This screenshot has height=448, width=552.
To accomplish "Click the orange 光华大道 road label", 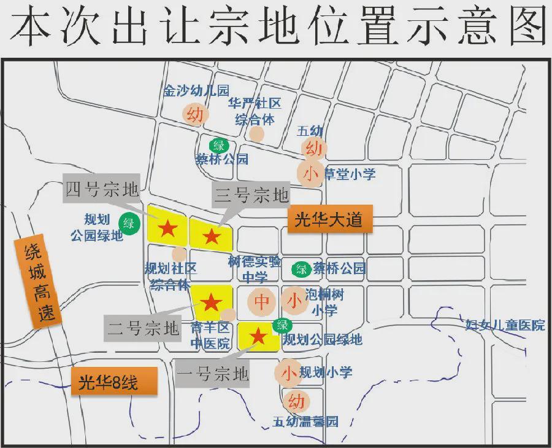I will (x=329, y=219).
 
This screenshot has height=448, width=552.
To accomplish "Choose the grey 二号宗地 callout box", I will (x=144, y=328).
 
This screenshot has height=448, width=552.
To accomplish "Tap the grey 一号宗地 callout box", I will (x=212, y=373).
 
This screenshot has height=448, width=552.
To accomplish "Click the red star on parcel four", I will (x=168, y=229).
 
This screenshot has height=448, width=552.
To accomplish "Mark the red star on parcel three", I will (x=212, y=235).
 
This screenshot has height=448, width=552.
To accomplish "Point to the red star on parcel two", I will (x=211, y=302).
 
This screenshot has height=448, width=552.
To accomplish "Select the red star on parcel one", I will (x=258, y=336).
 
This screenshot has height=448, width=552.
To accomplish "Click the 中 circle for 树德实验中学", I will (x=263, y=302).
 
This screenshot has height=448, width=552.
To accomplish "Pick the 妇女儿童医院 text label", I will (x=505, y=325).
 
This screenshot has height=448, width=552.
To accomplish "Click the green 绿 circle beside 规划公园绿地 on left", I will (x=129, y=224).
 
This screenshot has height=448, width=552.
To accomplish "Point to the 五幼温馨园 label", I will (x=305, y=422).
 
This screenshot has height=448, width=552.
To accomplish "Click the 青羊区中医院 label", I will (x=210, y=334).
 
